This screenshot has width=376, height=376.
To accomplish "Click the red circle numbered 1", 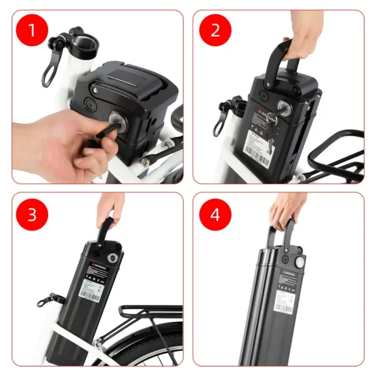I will pyautogui.click(x=33, y=31).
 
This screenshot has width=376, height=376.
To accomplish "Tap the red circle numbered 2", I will pyautogui.click(x=215, y=30).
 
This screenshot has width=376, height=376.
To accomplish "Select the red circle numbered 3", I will pyautogui.click(x=33, y=215).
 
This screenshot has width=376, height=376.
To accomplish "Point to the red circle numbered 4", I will pyautogui.click(x=215, y=215).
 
